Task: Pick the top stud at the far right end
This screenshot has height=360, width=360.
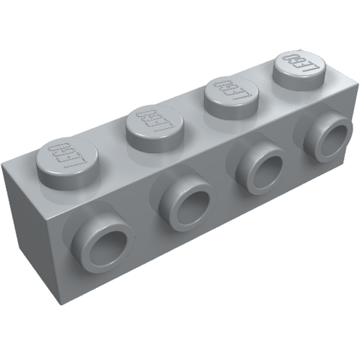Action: point(298,68)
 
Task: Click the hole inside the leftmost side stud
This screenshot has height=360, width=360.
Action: point(105,248)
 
